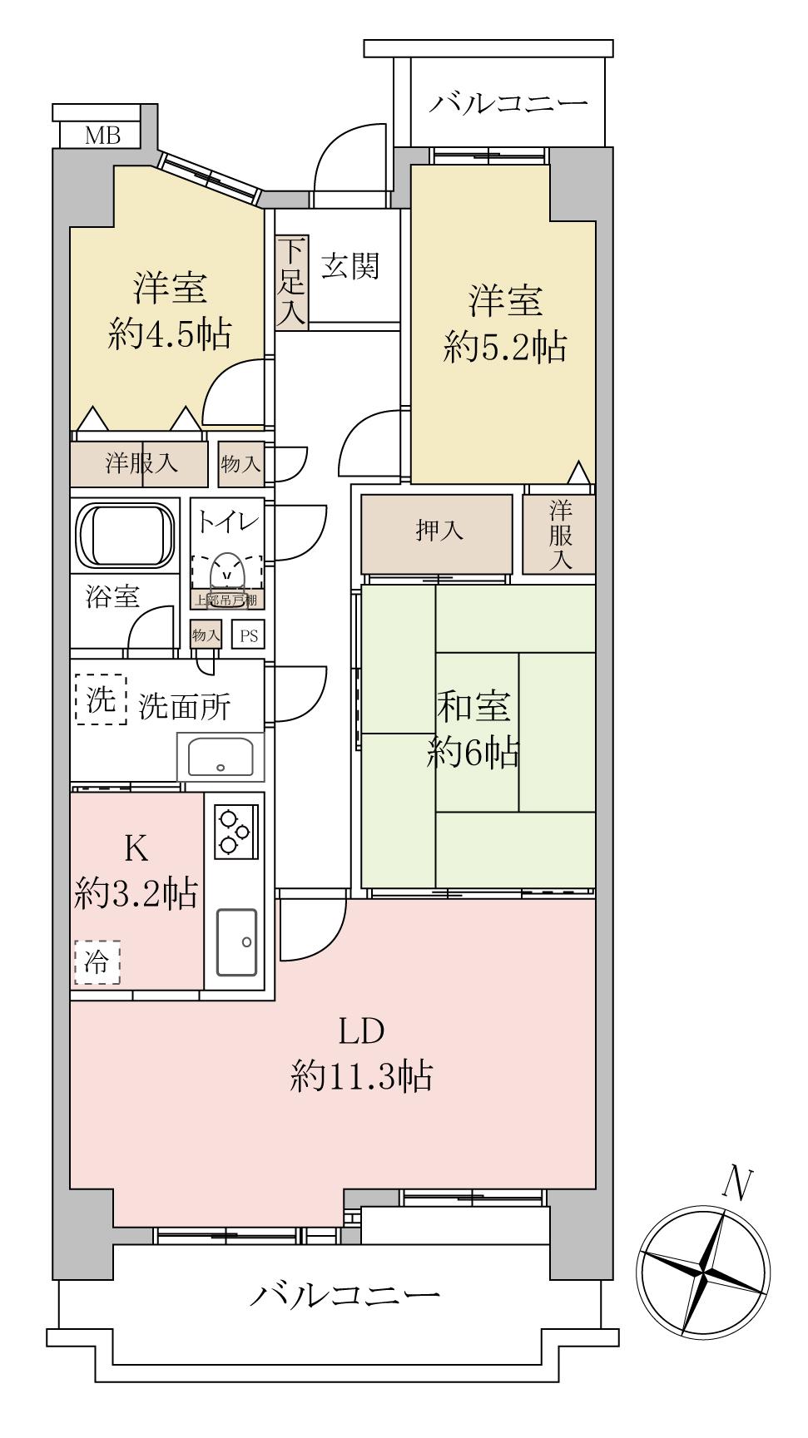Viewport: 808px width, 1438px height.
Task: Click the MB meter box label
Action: (x=102, y=136)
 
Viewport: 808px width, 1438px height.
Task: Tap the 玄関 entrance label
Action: (x=350, y=267)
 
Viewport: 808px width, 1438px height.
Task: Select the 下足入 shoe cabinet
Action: (x=292, y=281)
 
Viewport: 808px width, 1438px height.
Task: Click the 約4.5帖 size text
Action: (x=170, y=334)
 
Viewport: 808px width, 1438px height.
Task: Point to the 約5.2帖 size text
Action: (x=505, y=347)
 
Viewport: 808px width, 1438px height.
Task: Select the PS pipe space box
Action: (x=249, y=636)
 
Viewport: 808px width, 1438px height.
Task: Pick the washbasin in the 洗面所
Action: (x=221, y=756)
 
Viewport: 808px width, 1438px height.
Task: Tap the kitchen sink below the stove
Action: (x=237, y=942)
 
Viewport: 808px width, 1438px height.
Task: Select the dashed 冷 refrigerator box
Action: (x=97, y=963)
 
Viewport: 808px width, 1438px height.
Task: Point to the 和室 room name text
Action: (x=474, y=708)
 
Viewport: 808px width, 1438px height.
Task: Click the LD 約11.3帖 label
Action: (x=361, y=1055)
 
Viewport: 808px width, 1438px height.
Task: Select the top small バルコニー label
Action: (x=508, y=105)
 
